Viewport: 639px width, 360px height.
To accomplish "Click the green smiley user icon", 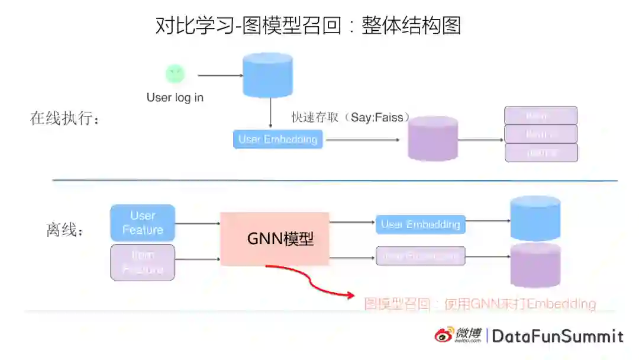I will pyautogui.click(x=175, y=74).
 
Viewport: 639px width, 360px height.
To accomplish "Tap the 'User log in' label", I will pyautogui.click(x=175, y=98).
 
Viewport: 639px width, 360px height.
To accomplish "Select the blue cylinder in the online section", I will pyautogui.click(x=268, y=75).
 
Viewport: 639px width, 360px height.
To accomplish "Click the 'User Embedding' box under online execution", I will pyautogui.click(x=277, y=140).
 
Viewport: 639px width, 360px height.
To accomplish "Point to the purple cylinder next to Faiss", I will pyautogui.click(x=433, y=139).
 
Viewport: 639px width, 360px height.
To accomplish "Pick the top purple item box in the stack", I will pyautogui.click(x=540, y=115).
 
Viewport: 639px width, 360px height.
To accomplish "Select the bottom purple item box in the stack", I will pyautogui.click(x=541, y=153).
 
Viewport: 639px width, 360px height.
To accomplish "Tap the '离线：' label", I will pyautogui.click(x=65, y=230).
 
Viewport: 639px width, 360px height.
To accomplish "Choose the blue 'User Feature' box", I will pyautogui.click(x=143, y=223).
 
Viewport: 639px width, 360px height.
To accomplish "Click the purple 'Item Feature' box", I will pyautogui.click(x=143, y=262).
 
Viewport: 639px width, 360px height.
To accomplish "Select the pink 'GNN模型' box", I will pyautogui.click(x=275, y=239).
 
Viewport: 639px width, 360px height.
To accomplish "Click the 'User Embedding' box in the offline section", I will pyautogui.click(x=421, y=224).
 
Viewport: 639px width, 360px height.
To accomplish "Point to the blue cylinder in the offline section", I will pyautogui.click(x=535, y=217).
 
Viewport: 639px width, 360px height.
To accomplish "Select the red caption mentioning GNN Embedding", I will pyautogui.click(x=480, y=304).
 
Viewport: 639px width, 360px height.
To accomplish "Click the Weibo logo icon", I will pyautogui.click(x=445, y=336).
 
